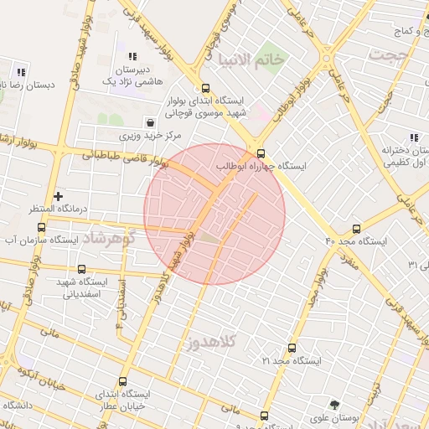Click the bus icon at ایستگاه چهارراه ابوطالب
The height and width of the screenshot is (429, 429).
261,153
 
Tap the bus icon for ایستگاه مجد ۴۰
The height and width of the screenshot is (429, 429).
357,228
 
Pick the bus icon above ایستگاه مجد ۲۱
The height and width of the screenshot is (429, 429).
292,348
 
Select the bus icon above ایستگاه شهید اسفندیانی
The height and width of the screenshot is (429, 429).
81,269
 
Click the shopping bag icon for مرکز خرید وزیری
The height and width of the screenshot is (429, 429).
150,121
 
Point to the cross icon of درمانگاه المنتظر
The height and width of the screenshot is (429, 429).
58,195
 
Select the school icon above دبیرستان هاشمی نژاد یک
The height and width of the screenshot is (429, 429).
132,55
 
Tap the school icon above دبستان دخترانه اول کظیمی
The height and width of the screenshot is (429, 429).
412,137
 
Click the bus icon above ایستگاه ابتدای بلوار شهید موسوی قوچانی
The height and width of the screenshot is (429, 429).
205,88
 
